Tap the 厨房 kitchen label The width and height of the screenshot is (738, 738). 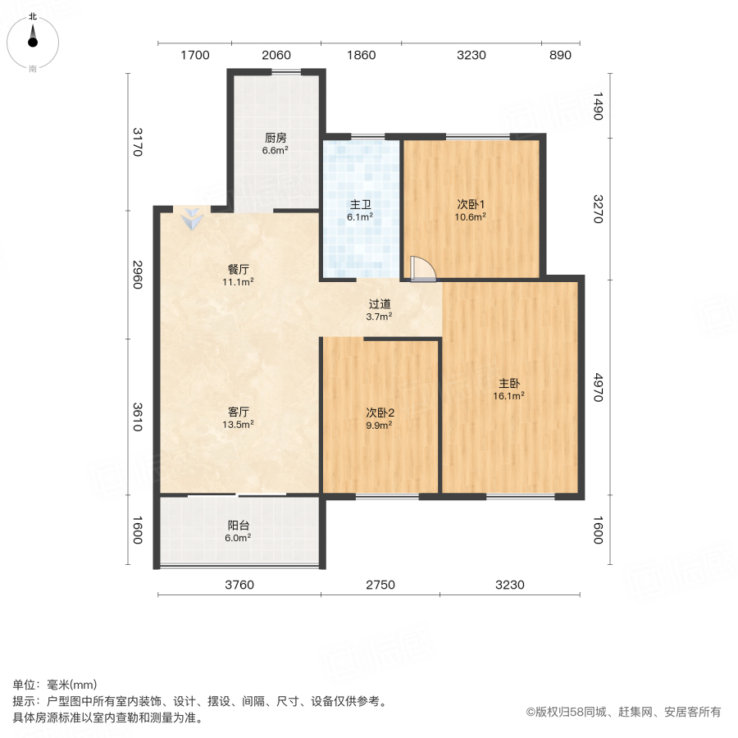pos(275,138)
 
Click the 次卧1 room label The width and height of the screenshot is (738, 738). pos(471,205)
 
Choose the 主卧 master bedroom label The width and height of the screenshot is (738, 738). pos(509,383)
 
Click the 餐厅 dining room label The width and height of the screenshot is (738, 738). pos(238,269)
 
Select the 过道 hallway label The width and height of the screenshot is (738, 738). pos(379,303)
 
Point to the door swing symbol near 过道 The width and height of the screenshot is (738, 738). pos(422,269)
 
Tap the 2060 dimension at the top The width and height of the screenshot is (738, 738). pos(276,56)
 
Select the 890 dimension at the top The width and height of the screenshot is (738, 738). pos(559,56)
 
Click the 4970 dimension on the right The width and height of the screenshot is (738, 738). pos(598,386)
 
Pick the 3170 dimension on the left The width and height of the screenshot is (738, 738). pos(137,141)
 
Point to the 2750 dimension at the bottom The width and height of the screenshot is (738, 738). pos(380,585)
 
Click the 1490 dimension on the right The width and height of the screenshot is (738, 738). pos(598,107)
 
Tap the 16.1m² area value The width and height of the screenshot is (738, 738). pos(509,395)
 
